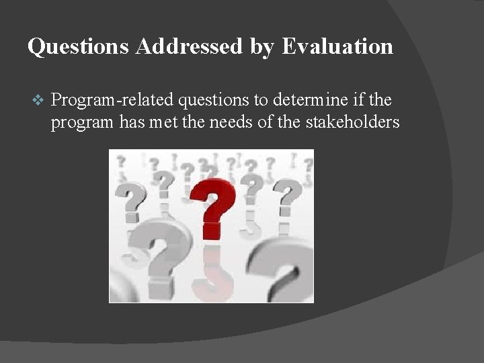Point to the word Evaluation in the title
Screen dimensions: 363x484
tap(337, 46)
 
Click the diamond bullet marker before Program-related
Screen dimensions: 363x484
tap(38, 101)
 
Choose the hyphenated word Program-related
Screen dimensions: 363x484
tap(112, 101)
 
